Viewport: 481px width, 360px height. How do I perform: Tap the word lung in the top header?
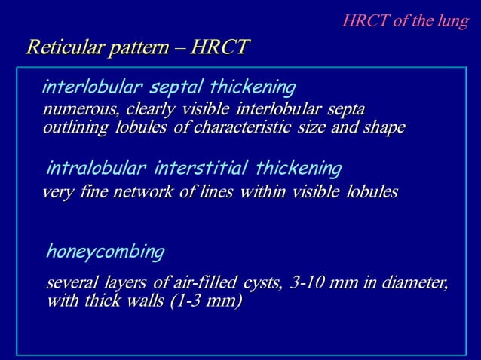click(x=452, y=20)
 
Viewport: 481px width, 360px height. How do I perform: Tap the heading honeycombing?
click(x=105, y=251)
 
